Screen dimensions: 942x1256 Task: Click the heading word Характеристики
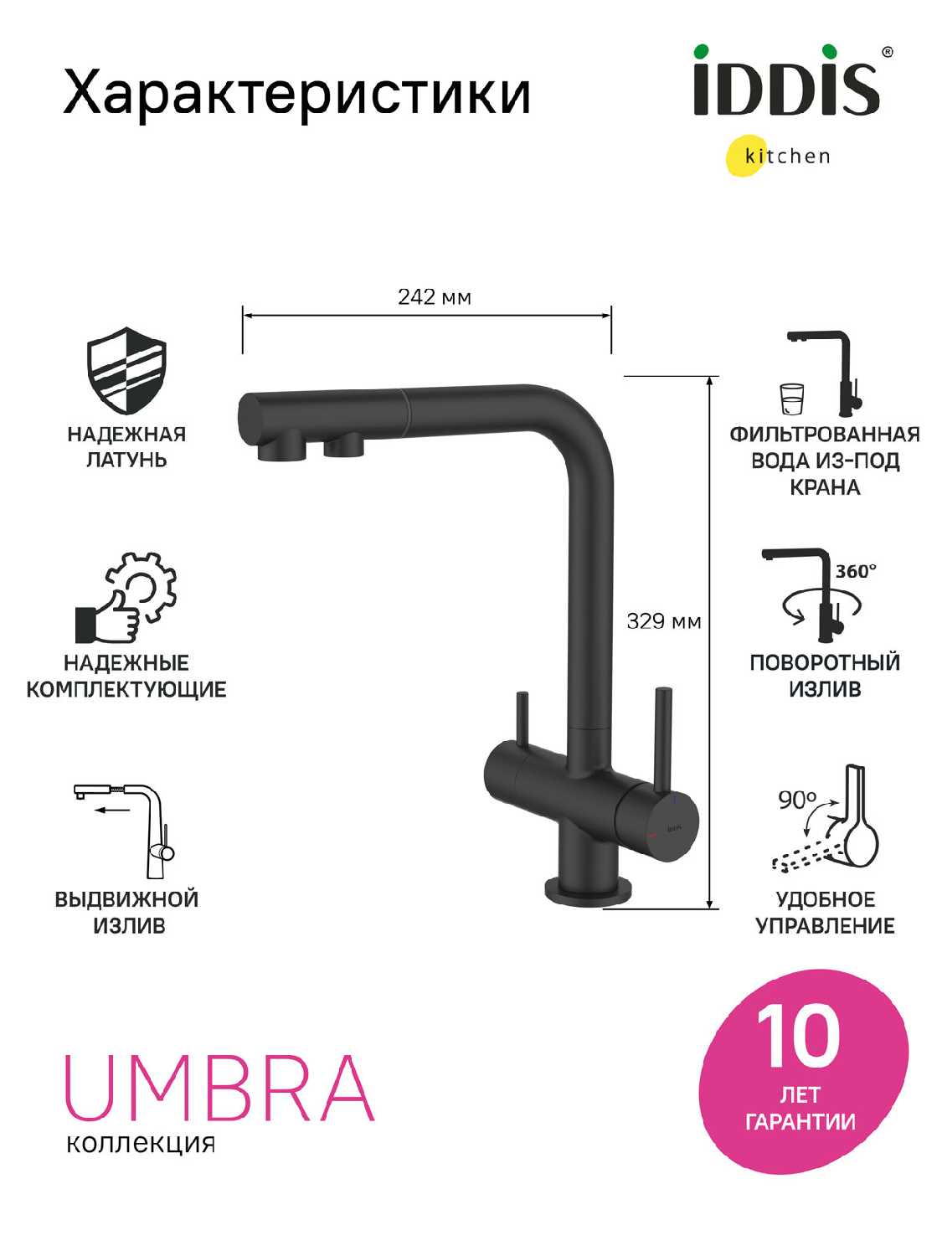coord(297,93)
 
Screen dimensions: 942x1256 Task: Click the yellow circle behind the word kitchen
coord(748,155)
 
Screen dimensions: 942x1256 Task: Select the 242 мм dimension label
coord(435,297)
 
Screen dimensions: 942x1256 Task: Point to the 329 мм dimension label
coord(663,620)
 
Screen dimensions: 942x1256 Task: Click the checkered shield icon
coord(126,370)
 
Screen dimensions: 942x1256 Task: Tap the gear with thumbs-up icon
coord(126,597)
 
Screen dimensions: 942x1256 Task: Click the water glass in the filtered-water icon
coord(791,399)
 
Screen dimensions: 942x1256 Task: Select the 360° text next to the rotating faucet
coord(856,571)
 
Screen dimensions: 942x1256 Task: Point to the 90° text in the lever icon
coord(797,800)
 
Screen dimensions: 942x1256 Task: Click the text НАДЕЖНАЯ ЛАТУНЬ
coord(126,447)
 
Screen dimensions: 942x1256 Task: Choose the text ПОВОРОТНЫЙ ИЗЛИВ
coord(825,676)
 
